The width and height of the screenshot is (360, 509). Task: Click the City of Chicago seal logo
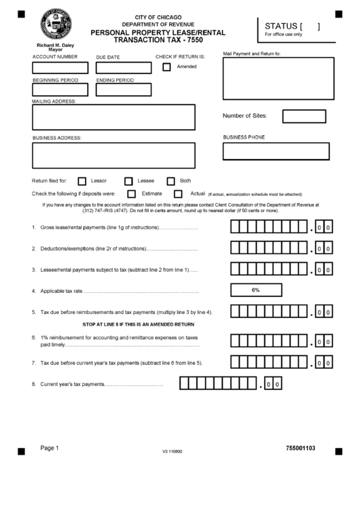click(55, 27)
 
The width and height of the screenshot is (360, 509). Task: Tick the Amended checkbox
click(166, 67)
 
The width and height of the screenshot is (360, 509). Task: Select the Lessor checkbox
click(82, 181)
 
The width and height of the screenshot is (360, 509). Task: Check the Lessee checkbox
click(128, 181)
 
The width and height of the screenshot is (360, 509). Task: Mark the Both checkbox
click(170, 181)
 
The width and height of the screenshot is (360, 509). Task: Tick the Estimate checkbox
click(132, 194)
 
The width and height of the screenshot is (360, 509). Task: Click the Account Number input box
click(60, 68)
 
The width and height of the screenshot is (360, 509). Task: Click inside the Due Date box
click(124, 68)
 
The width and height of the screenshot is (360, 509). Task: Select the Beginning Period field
click(60, 90)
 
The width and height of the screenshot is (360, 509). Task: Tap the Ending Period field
click(124, 90)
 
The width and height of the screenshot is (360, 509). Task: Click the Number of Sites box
click(304, 116)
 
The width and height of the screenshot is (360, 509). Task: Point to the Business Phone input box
click(276, 151)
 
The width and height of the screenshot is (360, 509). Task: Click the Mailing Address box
click(113, 117)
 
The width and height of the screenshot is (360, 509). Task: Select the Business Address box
click(113, 155)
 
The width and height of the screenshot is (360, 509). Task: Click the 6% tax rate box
click(256, 290)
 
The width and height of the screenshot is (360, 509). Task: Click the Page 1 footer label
click(50, 448)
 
